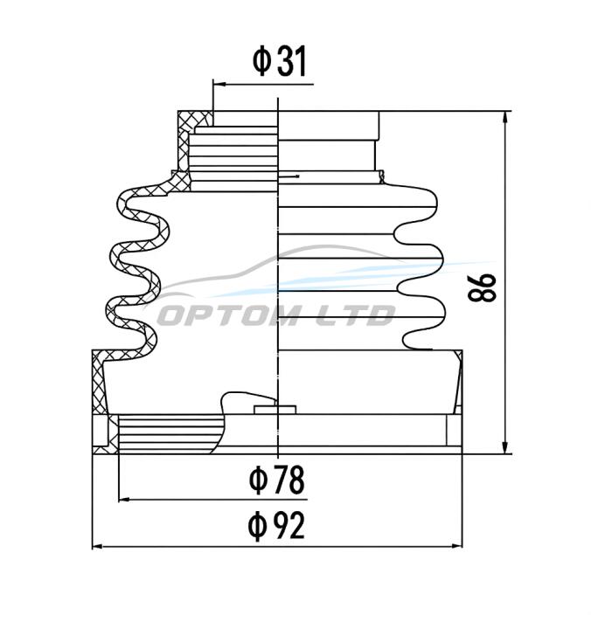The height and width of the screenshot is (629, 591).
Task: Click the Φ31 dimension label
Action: [280, 61]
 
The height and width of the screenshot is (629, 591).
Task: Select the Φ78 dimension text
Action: [276, 480]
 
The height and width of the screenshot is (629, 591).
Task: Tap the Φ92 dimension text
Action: [276, 526]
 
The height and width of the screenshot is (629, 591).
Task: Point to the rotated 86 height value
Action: [482, 287]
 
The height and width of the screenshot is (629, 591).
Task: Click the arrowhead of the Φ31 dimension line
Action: [219, 84]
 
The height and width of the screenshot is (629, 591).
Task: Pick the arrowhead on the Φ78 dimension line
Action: [124, 500]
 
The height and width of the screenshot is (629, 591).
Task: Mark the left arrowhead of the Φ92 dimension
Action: [98, 546]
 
